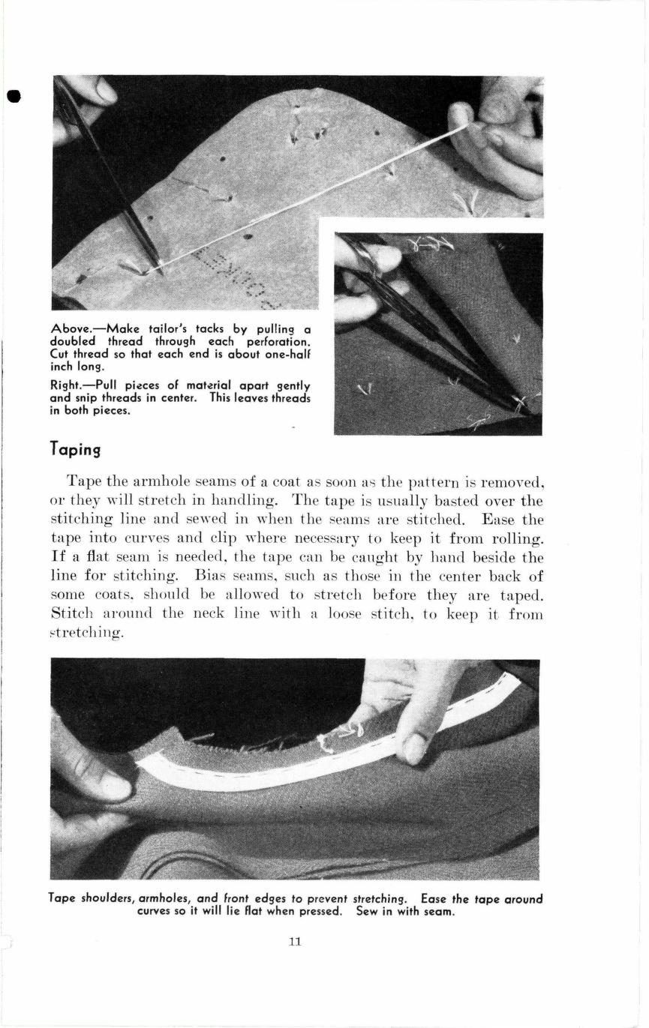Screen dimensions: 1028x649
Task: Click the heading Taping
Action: pos(75,449)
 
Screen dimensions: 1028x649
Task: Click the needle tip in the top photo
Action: pos(160,269)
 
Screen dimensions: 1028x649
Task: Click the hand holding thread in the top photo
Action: pos(499,142)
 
